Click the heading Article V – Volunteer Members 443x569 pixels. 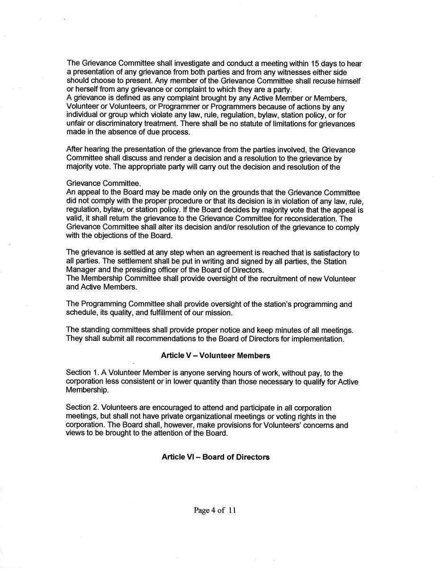(216, 355)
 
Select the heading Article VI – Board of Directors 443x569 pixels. (216, 457)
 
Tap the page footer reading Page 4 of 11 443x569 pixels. (215, 510)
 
